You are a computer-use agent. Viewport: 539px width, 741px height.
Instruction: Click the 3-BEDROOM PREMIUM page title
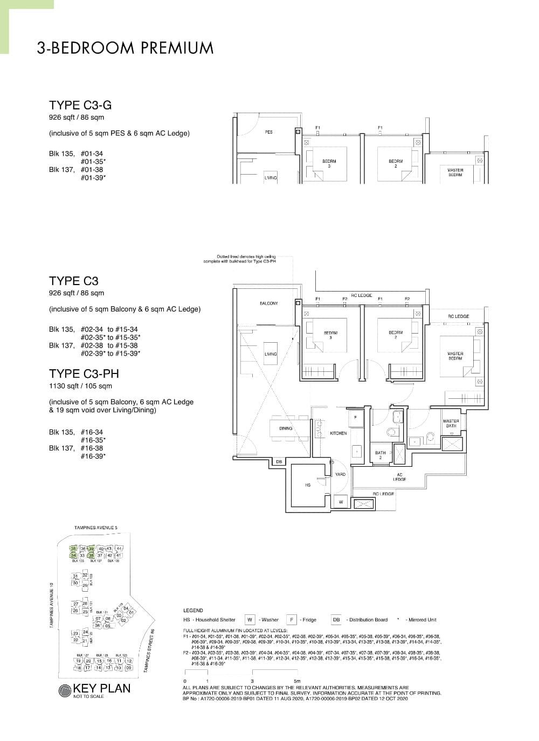tap(125, 48)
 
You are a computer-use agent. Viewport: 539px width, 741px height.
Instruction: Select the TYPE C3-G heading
tap(80, 105)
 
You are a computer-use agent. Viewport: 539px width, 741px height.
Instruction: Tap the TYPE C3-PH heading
tap(84, 373)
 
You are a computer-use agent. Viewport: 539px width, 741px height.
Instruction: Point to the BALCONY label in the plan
tap(269, 303)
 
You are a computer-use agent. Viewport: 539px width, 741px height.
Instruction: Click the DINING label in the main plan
tap(286, 428)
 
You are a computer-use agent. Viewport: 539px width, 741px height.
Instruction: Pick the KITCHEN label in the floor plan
tap(338, 433)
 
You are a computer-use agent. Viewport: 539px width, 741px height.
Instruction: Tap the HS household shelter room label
tap(308, 485)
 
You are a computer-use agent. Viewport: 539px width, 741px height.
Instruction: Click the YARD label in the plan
tap(340, 474)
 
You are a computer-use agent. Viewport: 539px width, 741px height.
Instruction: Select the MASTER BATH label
tap(451, 424)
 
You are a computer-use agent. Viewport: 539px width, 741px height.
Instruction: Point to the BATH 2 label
tap(381, 455)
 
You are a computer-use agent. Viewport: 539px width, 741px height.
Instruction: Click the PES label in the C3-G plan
tap(269, 132)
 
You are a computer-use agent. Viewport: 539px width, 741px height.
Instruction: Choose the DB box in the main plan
tap(279, 462)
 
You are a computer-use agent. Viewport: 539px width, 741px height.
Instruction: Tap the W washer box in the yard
tap(341, 502)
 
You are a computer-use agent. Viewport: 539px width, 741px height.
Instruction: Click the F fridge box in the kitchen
tap(355, 418)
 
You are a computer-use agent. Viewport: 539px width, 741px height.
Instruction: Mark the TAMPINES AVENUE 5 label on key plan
tap(96, 528)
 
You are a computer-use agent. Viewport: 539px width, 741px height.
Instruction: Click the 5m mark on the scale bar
tap(297, 681)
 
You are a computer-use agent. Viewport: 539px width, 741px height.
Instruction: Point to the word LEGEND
tap(194, 611)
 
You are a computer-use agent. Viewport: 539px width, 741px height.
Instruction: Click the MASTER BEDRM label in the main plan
tap(455, 356)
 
